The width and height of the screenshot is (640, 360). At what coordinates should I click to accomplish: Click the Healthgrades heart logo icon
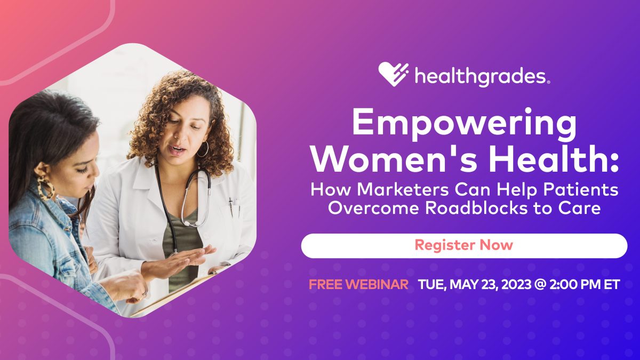pos(394,75)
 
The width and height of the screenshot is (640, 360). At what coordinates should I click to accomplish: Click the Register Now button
pos(463,245)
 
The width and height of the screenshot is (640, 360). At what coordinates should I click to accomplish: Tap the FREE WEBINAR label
pos(358,284)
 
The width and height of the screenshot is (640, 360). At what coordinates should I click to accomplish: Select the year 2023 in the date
pos(512,284)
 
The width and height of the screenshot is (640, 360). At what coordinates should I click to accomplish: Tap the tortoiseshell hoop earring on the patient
pos(45,188)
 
